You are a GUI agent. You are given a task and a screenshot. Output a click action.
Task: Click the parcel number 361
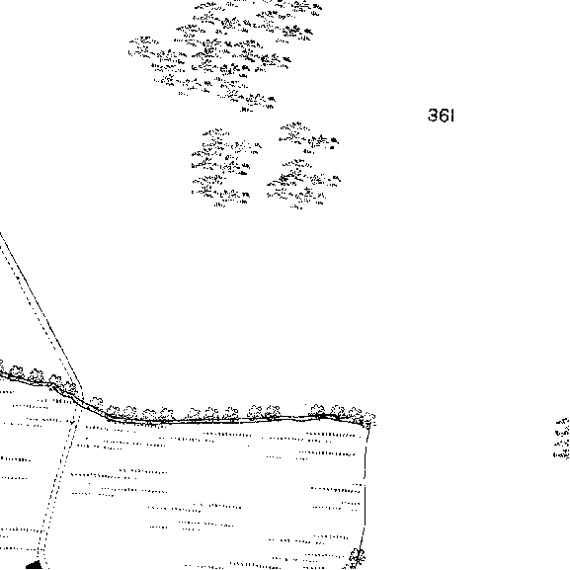[441, 116]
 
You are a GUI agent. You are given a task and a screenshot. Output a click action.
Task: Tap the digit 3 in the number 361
[433, 116]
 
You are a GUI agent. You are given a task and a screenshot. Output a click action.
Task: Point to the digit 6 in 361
[444, 116]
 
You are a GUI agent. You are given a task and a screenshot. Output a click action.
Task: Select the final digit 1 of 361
[452, 116]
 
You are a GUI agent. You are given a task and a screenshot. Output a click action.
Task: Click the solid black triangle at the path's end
[35, 564]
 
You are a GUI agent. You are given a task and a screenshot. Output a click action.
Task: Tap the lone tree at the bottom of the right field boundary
[357, 557]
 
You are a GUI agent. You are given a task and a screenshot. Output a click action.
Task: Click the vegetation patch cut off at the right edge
[562, 439]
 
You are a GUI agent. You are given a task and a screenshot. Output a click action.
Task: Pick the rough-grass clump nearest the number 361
[309, 138]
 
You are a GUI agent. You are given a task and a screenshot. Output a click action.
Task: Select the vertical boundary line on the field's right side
[365, 487]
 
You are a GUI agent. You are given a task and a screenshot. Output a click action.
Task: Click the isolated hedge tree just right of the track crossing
[97, 401]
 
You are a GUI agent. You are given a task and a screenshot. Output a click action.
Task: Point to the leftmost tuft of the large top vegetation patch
[143, 45]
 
